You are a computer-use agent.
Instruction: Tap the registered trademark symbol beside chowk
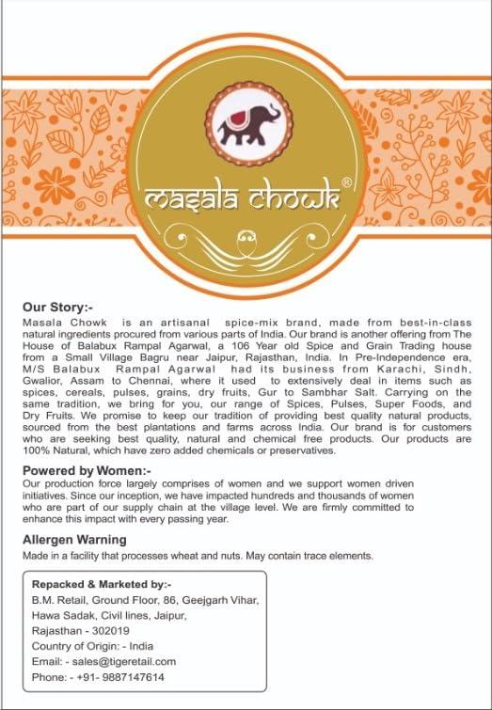346,182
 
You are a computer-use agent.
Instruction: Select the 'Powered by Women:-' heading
87,468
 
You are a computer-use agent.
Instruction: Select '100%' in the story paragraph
36,450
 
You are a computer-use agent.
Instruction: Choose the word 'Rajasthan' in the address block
56,631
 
